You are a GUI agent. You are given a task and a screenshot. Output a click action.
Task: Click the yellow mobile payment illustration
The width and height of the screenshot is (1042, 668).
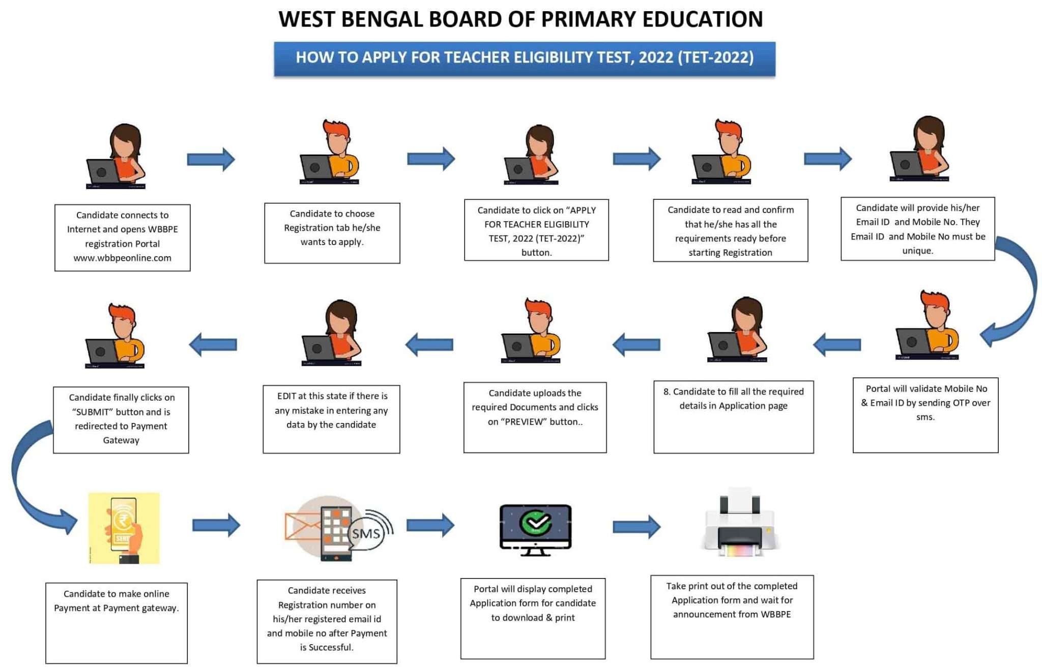[124, 528]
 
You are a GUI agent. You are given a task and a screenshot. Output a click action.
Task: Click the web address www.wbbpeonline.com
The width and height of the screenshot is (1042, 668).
[122, 258]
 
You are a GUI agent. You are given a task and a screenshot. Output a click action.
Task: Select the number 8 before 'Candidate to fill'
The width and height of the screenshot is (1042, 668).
[666, 391]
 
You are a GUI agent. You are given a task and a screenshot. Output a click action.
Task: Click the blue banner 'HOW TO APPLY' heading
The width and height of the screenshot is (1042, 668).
[525, 57]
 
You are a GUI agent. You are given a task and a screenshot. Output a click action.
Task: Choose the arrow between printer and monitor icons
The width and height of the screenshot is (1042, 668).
[636, 526]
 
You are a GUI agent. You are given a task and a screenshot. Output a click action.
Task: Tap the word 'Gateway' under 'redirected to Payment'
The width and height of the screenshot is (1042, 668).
[121, 440]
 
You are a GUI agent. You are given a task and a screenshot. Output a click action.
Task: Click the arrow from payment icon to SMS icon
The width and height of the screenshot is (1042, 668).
[216, 525]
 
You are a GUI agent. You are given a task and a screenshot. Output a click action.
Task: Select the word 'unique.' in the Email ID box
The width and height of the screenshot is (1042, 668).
[917, 251]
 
